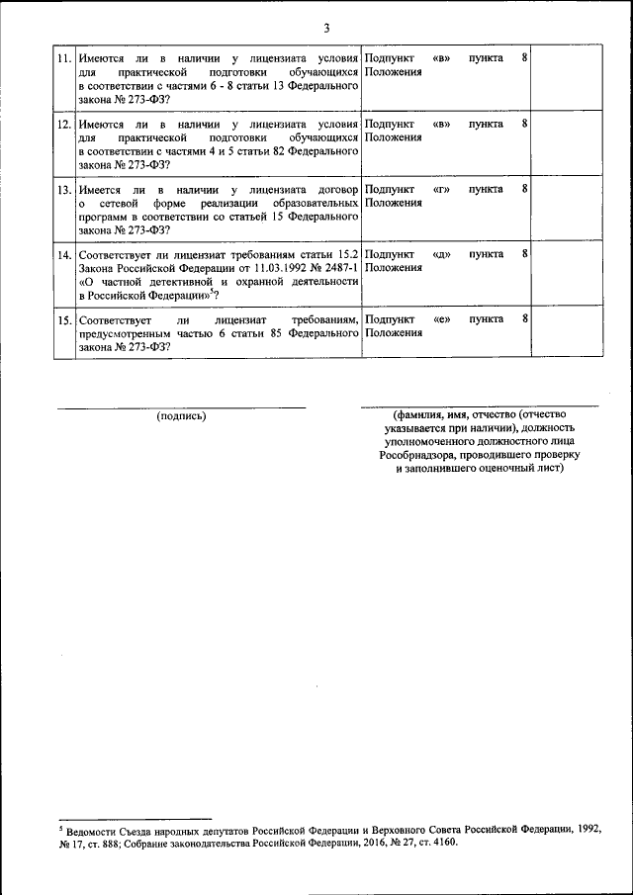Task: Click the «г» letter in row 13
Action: tap(441, 189)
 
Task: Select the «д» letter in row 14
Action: tap(441, 254)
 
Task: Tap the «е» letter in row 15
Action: tap(441, 320)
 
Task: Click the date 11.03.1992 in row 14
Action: tap(250, 268)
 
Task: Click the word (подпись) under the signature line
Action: tap(181, 416)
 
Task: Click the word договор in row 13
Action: tap(334, 189)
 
